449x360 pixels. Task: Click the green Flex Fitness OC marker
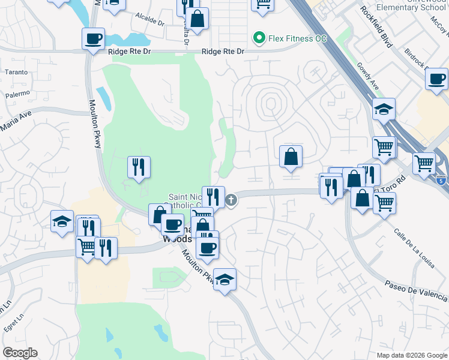(x=259, y=38)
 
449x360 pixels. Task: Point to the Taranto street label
(x=16, y=72)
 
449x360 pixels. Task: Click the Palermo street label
(x=18, y=94)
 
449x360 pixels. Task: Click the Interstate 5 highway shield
(x=442, y=181)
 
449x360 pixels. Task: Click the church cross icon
(x=232, y=200)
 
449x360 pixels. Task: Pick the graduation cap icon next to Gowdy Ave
(x=383, y=110)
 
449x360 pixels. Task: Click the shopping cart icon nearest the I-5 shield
(x=424, y=162)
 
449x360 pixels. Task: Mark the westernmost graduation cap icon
(x=62, y=221)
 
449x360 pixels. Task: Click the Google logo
(x=20, y=353)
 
